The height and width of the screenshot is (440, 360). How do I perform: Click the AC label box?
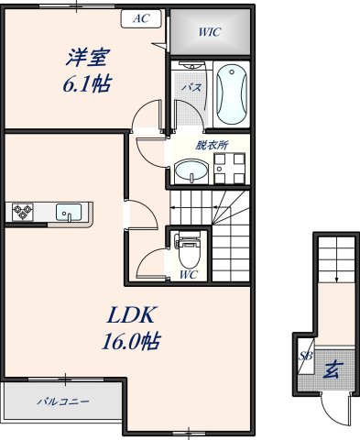140,18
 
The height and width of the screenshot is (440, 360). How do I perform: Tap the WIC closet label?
208,32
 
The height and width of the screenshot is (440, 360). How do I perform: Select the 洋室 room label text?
86,58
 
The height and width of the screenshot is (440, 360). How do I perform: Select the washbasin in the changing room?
191,170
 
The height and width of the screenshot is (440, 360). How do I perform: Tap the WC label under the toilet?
189,274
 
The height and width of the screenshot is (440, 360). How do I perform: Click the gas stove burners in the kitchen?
23,213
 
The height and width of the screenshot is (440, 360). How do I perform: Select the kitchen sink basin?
70,213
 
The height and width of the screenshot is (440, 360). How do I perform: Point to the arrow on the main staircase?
197,208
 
